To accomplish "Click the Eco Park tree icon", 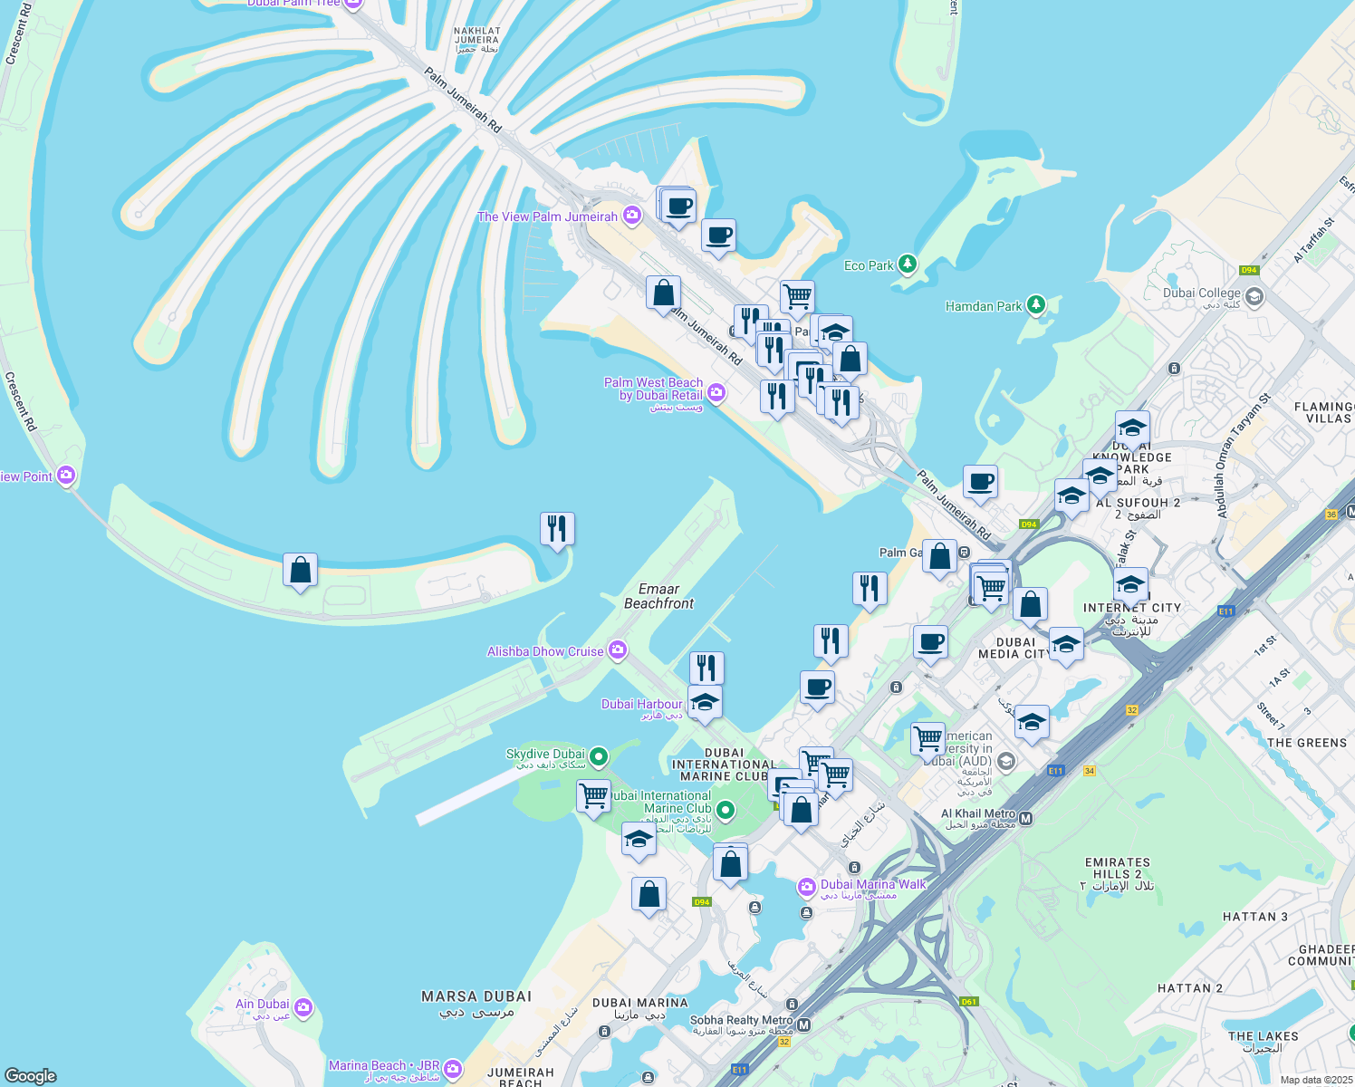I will [x=907, y=265].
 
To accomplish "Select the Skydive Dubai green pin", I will [x=599, y=756].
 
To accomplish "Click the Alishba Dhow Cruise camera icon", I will [x=618, y=650].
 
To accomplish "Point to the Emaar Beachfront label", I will [x=658, y=596].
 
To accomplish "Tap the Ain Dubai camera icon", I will [x=303, y=1006].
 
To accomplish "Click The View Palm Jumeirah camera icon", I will [x=632, y=216].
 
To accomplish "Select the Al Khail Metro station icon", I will [x=1026, y=819].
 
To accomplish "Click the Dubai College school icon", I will [x=1254, y=296].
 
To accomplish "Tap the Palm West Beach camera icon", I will [x=716, y=392].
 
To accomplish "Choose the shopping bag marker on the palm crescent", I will [x=300, y=571].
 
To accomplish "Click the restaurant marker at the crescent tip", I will [x=557, y=528].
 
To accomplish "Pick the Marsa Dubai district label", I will [x=476, y=1003].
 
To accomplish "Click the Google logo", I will [x=31, y=1076].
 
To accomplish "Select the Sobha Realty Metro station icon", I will [x=803, y=1024].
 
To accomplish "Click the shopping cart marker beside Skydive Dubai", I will [x=593, y=797].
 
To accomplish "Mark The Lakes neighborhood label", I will [x=1264, y=1042].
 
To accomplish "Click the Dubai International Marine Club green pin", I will [x=725, y=809].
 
